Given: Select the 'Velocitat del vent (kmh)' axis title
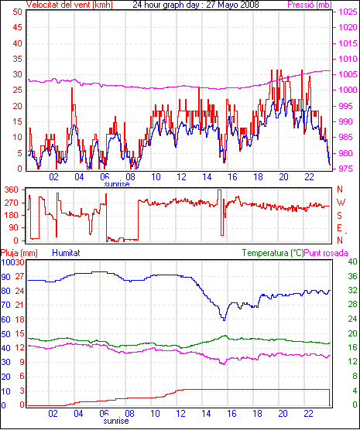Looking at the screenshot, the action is point(70,5).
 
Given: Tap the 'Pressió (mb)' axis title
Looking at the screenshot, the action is point(310,5).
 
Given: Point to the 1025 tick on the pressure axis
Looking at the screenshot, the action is point(348,12).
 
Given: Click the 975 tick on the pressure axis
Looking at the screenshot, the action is point(348,169).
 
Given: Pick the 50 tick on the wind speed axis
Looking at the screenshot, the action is point(17,12).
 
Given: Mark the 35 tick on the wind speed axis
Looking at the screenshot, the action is point(17,59).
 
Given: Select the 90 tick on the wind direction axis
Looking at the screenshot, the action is point(13,228).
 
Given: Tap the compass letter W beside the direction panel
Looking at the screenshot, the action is point(341,203).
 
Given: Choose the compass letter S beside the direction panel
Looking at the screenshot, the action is point(340,216).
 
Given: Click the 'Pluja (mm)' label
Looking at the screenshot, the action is point(19,253).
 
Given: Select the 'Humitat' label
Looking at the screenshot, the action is point(66,253).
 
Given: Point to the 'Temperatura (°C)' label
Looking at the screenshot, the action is point(273,253).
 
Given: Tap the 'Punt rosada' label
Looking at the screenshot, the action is point(326,253).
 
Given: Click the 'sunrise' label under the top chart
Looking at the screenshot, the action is point(117,184).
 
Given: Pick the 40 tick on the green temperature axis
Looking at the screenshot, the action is point(352,261).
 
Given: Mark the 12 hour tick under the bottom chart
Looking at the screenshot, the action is point(181,413).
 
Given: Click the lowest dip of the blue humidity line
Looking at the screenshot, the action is point(224,319).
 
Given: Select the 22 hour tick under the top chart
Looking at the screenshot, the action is point(309,177).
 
